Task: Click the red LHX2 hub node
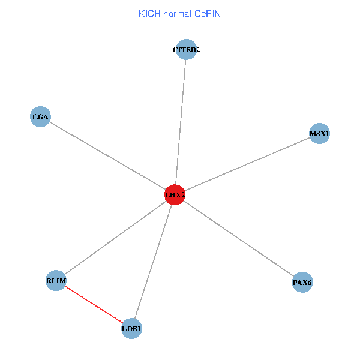tap(175, 194)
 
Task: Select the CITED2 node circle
tap(186, 50)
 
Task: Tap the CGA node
tap(40, 116)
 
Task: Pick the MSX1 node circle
tap(319, 133)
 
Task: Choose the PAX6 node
tap(302, 282)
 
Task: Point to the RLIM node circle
tap(56, 281)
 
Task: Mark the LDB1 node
tap(131, 328)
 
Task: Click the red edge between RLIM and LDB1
tap(94, 304)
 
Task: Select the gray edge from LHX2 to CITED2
tap(181, 120)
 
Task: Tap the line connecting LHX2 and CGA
tap(108, 155)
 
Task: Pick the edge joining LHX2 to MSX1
tap(246, 164)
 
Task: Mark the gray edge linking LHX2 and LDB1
tap(153, 261)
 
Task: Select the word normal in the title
tap(177, 13)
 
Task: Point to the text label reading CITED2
tap(186, 50)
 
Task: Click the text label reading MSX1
tap(319, 133)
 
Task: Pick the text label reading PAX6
tap(302, 282)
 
